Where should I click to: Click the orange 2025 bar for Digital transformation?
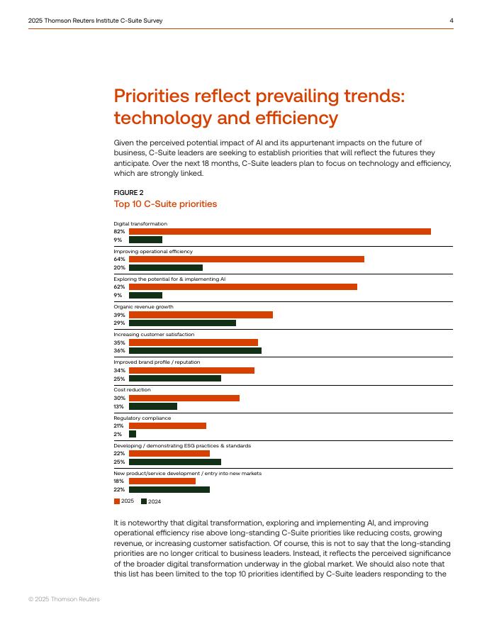click(280, 232)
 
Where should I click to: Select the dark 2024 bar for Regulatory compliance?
click(133, 434)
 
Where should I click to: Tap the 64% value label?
click(119, 259)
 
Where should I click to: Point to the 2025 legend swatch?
click(117, 501)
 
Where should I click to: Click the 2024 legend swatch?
click(144, 501)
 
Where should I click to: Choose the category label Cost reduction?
click(132, 389)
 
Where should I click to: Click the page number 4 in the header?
click(452, 21)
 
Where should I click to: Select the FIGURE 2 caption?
click(128, 193)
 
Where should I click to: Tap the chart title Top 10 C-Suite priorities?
click(165, 204)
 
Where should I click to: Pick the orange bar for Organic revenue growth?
click(201, 315)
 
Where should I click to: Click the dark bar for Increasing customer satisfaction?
click(195, 350)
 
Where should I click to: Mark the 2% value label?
click(118, 434)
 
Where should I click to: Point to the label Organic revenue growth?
click(144, 307)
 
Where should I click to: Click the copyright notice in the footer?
click(64, 599)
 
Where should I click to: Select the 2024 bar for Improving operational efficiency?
click(166, 268)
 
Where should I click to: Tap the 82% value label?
click(119, 231)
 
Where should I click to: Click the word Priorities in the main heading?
click(152, 96)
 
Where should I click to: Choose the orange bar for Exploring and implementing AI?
click(243, 287)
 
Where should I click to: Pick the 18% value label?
click(119, 481)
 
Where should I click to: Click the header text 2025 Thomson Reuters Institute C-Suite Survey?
click(96, 21)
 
